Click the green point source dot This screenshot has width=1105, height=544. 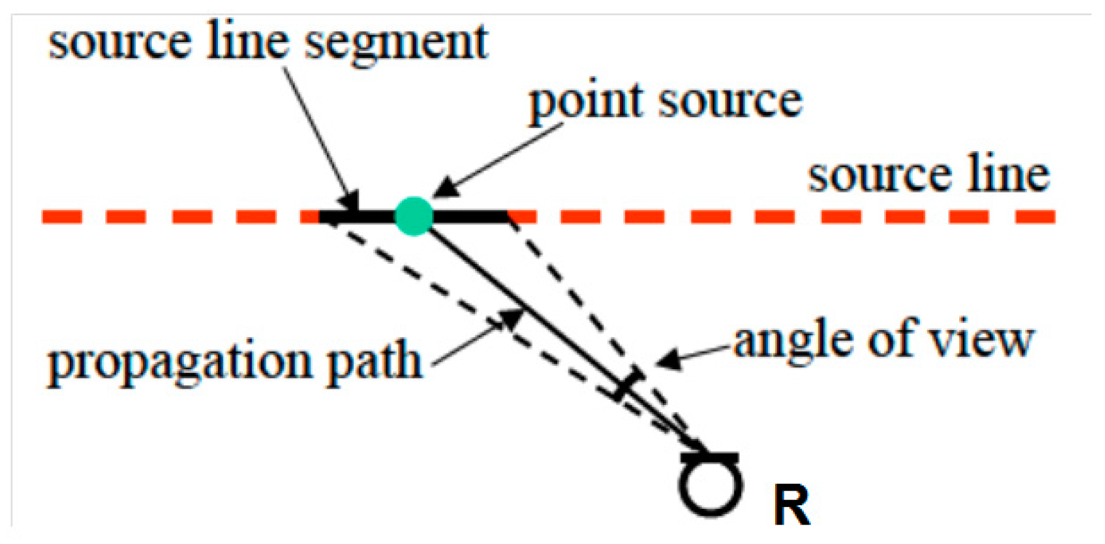click(414, 216)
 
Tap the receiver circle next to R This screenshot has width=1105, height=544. click(711, 487)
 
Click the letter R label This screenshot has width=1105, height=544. click(792, 505)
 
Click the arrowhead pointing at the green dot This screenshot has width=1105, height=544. click(443, 188)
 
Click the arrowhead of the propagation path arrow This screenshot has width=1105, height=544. click(513, 319)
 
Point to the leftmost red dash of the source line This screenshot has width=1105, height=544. click(62, 217)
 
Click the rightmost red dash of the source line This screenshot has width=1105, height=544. click(1035, 217)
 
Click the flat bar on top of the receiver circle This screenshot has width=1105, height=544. click(710, 457)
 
